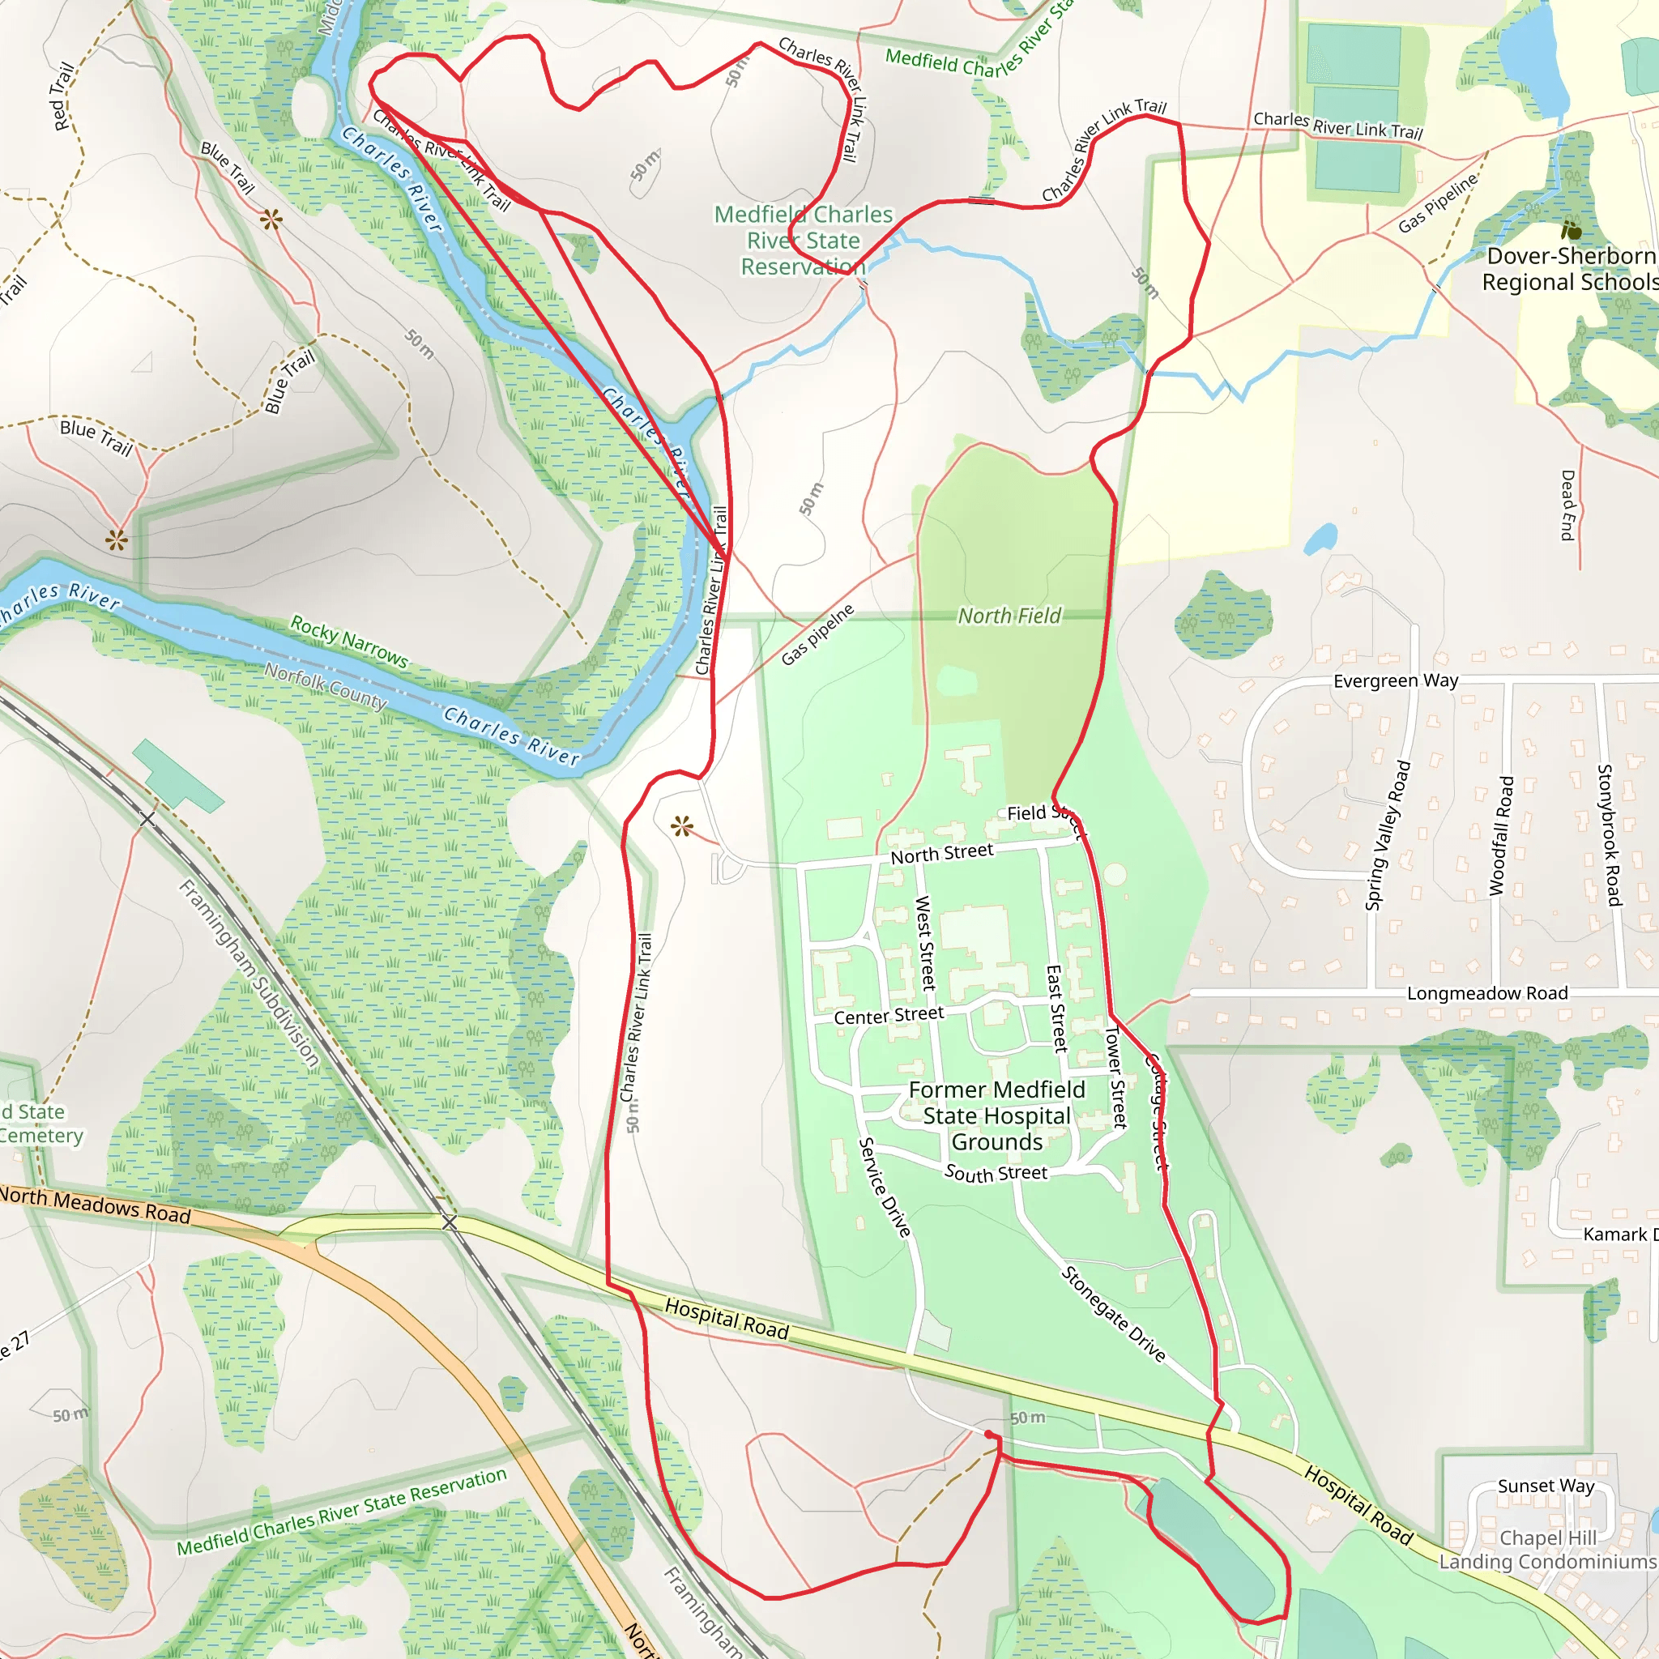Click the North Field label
1009,616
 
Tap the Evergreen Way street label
1396,681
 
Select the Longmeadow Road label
1486,992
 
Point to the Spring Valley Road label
1387,834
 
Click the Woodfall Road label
1501,835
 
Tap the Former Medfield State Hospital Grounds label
996,1115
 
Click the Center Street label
889,1015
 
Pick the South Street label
996,1173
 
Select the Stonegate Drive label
1113,1314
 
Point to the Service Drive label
885,1188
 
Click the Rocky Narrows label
348,641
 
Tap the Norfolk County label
326,685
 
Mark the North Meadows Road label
95,1204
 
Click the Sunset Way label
1546,1486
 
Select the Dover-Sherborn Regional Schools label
1570,269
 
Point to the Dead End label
1567,505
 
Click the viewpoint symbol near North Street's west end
682,827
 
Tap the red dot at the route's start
988,1435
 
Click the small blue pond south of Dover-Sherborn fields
1320,539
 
